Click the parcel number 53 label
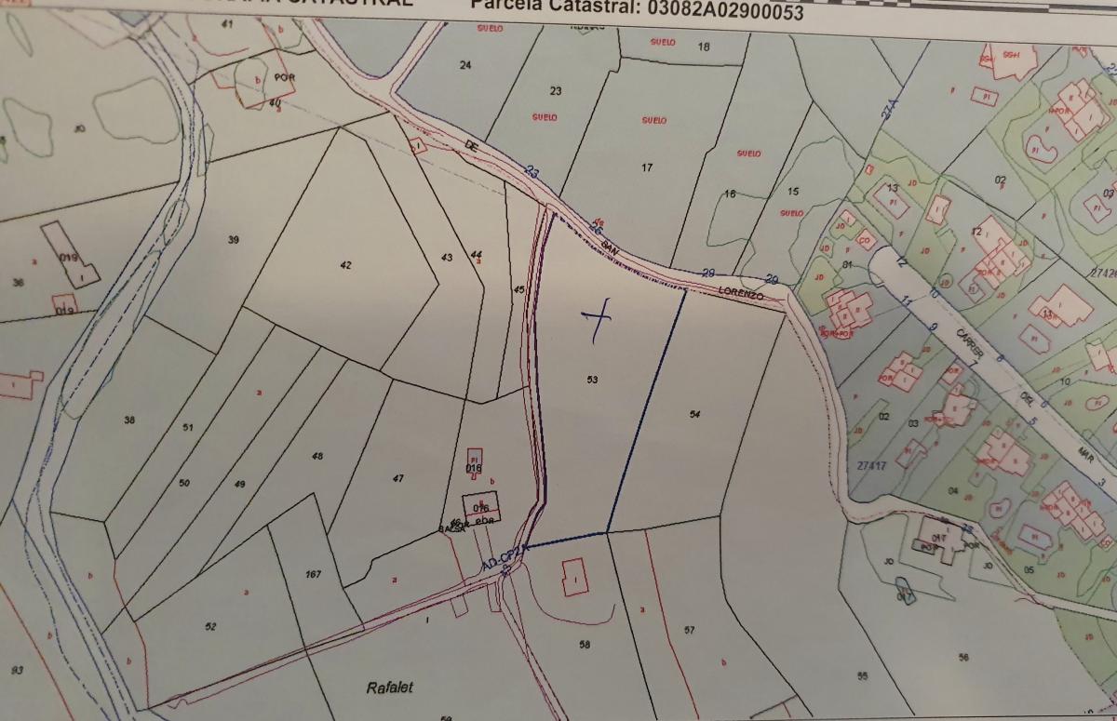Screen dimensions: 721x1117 point(592,380)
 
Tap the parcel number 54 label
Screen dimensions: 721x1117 point(694,414)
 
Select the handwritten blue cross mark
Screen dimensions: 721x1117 point(597,319)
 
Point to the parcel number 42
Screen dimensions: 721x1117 point(346,265)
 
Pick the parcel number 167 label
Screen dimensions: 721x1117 point(313,574)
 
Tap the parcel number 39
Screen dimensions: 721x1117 point(234,240)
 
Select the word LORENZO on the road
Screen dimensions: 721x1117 point(741,294)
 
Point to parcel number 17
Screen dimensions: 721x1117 point(647,167)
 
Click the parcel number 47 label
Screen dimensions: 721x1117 point(398,478)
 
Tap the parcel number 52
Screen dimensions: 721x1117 point(210,627)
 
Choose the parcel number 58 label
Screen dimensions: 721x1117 point(585,644)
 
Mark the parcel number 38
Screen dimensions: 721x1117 point(128,421)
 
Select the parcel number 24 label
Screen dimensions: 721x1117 point(465,64)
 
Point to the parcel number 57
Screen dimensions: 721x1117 point(689,630)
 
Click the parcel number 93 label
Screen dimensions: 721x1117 point(17,671)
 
